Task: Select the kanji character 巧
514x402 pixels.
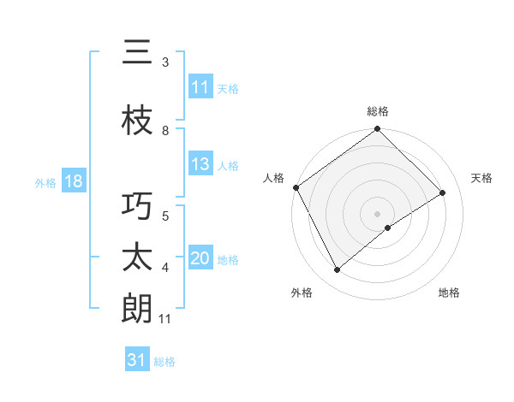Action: click(137, 209)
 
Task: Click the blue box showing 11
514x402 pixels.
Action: click(200, 87)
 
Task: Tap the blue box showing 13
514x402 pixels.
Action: click(200, 165)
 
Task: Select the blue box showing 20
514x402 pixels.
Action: click(200, 259)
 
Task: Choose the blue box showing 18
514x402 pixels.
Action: click(72, 182)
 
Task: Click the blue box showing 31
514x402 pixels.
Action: click(137, 360)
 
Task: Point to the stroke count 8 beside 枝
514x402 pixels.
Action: click(165, 130)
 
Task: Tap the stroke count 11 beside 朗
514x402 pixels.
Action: click(165, 319)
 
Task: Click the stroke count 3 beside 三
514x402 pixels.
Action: click(165, 62)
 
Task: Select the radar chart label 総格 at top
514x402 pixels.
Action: click(378, 111)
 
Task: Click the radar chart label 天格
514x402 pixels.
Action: click(481, 178)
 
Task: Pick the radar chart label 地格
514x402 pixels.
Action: click(449, 293)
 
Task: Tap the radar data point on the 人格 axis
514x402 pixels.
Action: click(296, 187)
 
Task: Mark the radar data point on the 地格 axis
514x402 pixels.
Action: click(388, 228)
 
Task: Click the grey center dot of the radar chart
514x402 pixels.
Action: click(377, 213)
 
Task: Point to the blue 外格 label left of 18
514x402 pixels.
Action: click(45, 183)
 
